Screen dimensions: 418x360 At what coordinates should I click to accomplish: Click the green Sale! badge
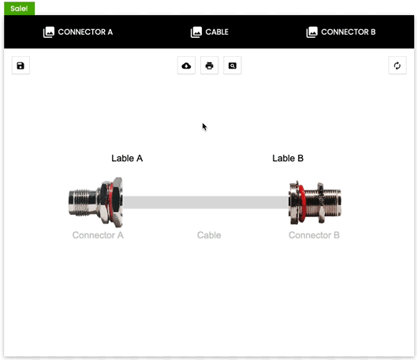tap(19, 8)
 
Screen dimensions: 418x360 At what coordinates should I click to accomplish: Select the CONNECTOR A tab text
tap(85, 32)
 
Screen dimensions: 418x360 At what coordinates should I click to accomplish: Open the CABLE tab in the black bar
tap(217, 32)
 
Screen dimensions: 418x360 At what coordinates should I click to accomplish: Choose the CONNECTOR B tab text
tap(348, 32)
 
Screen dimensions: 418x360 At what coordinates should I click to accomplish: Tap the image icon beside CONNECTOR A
tap(49, 32)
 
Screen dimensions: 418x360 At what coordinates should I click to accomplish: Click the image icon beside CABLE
tap(196, 32)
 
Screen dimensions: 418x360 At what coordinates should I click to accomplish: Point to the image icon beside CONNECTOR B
tap(312, 32)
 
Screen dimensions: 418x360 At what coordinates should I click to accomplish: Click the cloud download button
tap(186, 66)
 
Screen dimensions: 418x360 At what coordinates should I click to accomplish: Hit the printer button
tap(209, 66)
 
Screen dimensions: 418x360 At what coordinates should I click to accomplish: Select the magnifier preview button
tap(233, 66)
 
